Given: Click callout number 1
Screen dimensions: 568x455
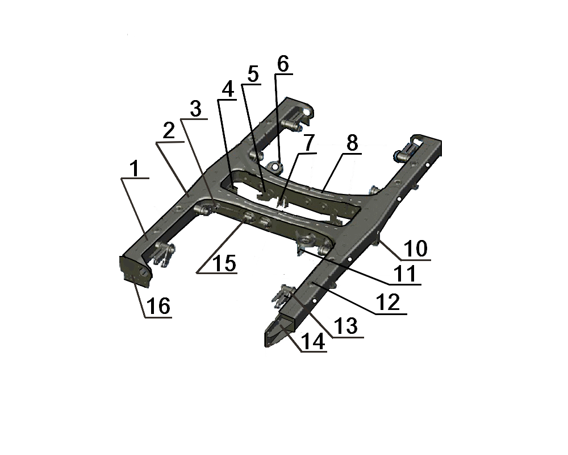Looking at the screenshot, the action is [135, 169].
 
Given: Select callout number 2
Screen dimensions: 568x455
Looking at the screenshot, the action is [169, 131].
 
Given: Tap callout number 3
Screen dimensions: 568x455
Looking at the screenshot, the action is [195, 109].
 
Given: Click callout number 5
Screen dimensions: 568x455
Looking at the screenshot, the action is [253, 75].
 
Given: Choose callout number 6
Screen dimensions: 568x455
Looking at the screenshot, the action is [283, 64].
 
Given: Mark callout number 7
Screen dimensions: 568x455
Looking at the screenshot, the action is [308, 143].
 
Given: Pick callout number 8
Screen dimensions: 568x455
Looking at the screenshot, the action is [352, 143].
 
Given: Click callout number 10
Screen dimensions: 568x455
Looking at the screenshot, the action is [416, 249].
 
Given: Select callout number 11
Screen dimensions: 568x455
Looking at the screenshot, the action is [405, 274].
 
